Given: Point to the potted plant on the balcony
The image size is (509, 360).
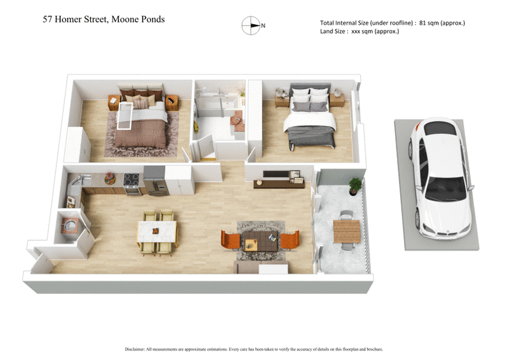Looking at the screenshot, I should pyautogui.click(x=356, y=184).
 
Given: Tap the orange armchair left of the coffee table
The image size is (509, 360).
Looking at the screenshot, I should pyautogui.click(x=229, y=240).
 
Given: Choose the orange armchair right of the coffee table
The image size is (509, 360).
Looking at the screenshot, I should pyautogui.click(x=289, y=240).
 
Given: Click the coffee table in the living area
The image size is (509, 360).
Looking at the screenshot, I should pyautogui.click(x=260, y=242).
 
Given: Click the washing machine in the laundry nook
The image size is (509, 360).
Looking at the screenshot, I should pyautogui.click(x=69, y=225).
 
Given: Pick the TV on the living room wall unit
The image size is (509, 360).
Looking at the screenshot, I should pyautogui.click(x=274, y=174).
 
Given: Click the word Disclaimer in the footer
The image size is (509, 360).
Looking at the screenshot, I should pyautogui.click(x=138, y=349).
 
